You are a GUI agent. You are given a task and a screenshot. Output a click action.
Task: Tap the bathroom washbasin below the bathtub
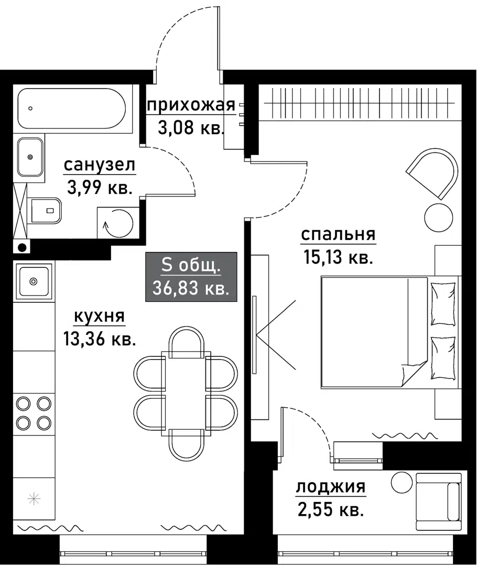(x=30, y=157)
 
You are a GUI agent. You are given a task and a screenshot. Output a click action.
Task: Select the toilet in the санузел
(x=46, y=210)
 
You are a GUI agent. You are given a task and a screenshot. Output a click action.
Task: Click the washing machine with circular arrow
(x=117, y=222)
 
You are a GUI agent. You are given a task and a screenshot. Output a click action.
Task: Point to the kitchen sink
(x=34, y=281)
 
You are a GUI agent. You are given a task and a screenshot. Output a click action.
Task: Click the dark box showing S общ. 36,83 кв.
(x=191, y=277)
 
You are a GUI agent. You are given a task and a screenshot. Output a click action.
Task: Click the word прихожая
(x=190, y=105)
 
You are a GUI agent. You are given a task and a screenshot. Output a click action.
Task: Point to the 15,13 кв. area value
(x=338, y=257)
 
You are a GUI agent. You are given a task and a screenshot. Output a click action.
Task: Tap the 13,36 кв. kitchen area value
(x=100, y=339)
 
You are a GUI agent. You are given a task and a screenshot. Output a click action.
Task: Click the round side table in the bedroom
(x=438, y=216)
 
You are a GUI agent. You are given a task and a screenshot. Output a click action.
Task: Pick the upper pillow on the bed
(x=443, y=303)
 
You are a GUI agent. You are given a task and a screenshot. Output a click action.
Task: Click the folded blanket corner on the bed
(x=414, y=373)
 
